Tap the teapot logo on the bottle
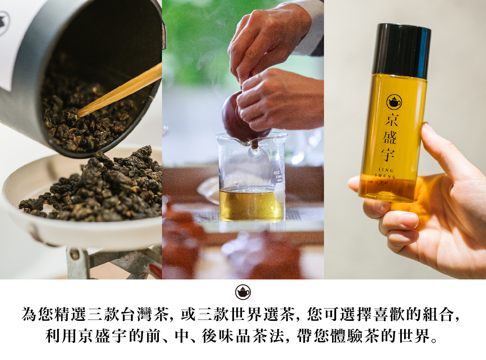coord(394,102)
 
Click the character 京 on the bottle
coord(391,120)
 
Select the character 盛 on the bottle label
coord(390,137)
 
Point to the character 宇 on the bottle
coord(388,154)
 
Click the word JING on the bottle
coord(386,170)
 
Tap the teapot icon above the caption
coord(243,292)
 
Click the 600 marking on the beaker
coord(277,172)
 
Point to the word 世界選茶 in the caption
coord(263,315)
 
